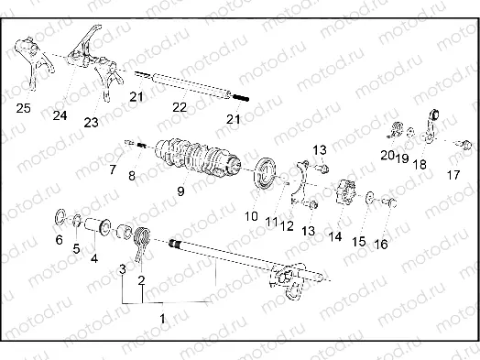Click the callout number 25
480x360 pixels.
[x=23, y=109]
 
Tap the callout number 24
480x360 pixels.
[x=60, y=115]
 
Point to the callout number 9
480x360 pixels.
[x=180, y=191]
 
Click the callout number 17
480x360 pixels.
[x=454, y=174]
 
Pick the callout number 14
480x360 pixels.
[x=334, y=235]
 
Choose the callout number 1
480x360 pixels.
[x=163, y=317]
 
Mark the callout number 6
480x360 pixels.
[x=60, y=240]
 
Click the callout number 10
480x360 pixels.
[x=251, y=217]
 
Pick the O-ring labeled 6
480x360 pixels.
[x=60, y=218]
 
